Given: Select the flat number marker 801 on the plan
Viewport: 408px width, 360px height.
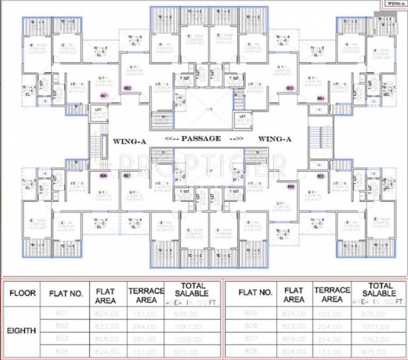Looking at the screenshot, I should [x=104, y=95].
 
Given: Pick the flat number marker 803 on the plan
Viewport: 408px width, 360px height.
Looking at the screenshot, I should [x=290, y=88].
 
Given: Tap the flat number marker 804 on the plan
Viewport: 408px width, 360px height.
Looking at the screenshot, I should [x=320, y=99].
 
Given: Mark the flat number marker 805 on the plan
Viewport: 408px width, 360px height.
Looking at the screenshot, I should [x=320, y=175].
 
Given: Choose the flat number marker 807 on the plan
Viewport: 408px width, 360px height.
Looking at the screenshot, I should [x=127, y=175].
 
